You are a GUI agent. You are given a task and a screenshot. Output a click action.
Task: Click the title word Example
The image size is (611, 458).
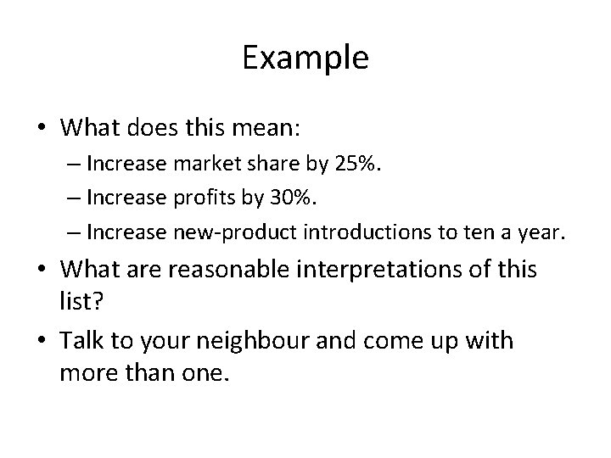tap(305, 59)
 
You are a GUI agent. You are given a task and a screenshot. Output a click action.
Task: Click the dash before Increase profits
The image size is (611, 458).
tap(73, 196)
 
